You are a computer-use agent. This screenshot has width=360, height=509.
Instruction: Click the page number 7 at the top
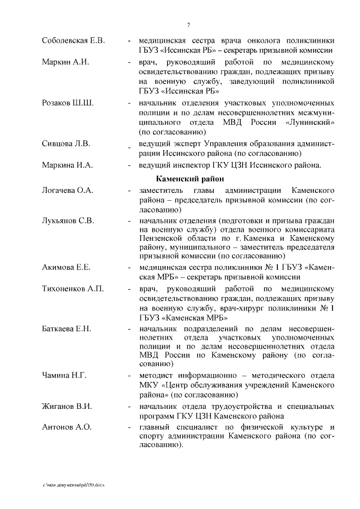pos(188,24)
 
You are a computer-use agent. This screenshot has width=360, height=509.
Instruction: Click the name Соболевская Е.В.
pos(73,41)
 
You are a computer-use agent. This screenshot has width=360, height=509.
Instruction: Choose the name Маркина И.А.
pos(67,165)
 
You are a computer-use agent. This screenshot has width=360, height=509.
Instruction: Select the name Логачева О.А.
pos(67,191)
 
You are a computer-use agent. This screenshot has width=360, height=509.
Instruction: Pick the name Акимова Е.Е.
pos(66,267)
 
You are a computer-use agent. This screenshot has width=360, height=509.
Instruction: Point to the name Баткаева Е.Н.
pos(66,328)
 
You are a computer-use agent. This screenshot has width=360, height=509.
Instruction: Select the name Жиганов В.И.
pos(67,406)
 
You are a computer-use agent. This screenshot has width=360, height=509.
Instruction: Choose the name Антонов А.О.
pos(66,427)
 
